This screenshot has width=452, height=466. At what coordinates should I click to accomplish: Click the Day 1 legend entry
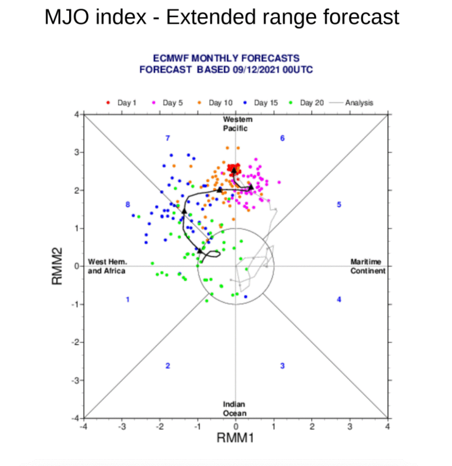point(121,103)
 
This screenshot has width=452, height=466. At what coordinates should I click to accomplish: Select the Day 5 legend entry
point(168,103)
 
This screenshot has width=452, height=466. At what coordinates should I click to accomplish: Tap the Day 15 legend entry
point(260,103)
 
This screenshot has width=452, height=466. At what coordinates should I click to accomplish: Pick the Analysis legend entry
point(351,103)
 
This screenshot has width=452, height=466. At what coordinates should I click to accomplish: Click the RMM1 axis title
point(235,438)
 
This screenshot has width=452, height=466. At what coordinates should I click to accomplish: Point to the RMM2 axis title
point(57,266)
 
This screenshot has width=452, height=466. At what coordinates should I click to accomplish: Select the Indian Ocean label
point(235,409)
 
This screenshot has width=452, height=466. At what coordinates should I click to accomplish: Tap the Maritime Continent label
point(368,266)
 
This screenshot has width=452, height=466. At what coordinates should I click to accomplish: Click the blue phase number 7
point(168,138)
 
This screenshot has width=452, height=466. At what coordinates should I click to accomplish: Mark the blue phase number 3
point(282,366)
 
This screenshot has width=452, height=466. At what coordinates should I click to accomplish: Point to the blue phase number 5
point(339,204)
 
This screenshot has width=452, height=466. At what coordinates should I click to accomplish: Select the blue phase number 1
point(127,299)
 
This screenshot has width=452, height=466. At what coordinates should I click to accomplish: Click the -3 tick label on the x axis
point(122,427)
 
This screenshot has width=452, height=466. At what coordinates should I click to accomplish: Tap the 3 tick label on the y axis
point(77,152)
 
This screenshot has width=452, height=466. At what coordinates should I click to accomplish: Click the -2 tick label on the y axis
point(76,342)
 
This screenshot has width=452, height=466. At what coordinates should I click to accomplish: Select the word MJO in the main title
point(66,17)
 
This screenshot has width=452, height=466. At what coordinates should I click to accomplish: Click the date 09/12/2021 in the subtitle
point(256,70)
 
